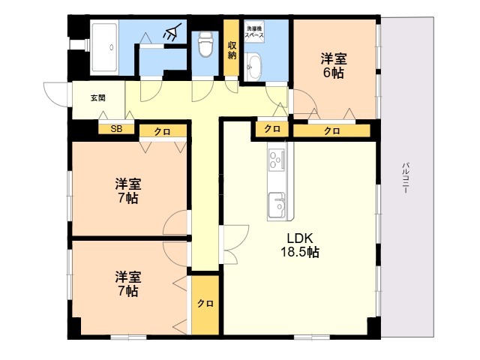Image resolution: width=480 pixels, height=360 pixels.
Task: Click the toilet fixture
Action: click(205, 44)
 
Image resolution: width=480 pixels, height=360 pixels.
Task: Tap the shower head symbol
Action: click(171, 33)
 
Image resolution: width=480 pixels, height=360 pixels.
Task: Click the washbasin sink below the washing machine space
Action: click(253, 66)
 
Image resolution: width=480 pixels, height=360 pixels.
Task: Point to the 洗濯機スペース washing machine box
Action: click(254, 30)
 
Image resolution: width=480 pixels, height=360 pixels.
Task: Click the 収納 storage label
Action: click(231, 50)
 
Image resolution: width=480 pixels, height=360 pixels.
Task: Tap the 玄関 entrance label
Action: click(98, 98)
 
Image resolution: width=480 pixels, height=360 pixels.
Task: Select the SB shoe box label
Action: click(116, 129)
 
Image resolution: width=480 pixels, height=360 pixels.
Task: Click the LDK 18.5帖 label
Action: click(300, 245)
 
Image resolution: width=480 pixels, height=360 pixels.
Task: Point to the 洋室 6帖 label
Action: click(334, 65)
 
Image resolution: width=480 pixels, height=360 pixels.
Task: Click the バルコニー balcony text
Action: click(406, 178)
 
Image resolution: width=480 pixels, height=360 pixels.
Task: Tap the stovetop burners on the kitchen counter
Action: click(277, 159)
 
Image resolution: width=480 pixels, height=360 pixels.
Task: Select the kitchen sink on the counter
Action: click(277, 205)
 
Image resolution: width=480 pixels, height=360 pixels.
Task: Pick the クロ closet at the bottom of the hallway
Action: click(205, 304)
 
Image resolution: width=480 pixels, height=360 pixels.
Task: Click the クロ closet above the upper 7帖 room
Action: click(163, 131)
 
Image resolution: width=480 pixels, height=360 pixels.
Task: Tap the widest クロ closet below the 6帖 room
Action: click(331, 131)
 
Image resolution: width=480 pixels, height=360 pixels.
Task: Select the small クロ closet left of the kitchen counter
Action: click(272, 129)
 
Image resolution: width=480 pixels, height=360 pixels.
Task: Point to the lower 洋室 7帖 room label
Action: click(128, 283)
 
